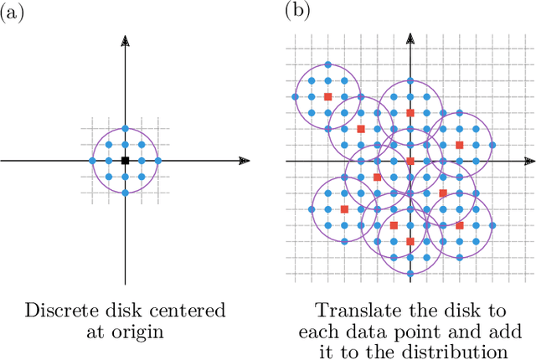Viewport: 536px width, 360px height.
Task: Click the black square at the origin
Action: (x=125, y=160)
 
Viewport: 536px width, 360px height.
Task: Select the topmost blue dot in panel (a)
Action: (x=125, y=127)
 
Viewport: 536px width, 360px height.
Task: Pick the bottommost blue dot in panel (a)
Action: (x=125, y=193)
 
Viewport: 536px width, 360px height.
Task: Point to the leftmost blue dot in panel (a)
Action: (x=92, y=160)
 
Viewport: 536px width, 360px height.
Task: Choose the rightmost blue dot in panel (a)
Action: (x=157, y=160)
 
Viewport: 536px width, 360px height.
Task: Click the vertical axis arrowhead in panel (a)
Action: (x=125, y=39)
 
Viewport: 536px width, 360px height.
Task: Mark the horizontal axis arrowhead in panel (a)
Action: (x=245, y=160)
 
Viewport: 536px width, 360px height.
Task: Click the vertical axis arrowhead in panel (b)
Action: (x=410, y=39)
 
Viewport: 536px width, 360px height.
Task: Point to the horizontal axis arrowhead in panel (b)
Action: (x=528, y=160)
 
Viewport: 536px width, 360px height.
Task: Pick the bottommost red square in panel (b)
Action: (x=410, y=241)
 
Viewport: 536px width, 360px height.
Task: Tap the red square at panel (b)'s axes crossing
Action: (x=410, y=160)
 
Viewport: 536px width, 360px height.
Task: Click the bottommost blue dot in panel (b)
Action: (x=410, y=274)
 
